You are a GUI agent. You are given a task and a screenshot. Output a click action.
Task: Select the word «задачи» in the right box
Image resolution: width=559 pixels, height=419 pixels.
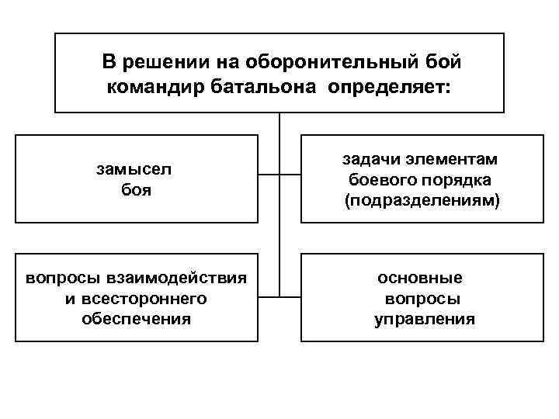(369, 159)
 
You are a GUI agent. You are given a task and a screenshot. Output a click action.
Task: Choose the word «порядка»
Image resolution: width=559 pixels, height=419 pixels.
(458, 180)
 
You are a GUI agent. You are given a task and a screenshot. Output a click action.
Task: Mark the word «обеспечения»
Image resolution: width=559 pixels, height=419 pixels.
(136, 319)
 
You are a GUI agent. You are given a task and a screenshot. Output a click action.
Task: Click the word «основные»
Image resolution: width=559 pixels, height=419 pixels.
(420, 278)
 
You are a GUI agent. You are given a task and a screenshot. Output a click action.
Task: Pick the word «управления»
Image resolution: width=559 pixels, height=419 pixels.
(424, 319)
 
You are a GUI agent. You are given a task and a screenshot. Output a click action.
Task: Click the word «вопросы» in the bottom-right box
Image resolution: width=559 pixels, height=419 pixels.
(422, 298)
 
